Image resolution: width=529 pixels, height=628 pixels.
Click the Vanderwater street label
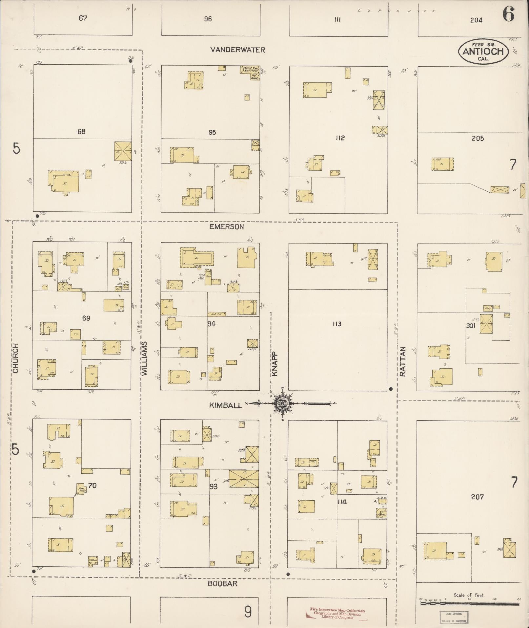238,50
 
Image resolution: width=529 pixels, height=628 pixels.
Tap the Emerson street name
227,227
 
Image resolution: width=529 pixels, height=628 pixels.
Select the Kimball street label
226,405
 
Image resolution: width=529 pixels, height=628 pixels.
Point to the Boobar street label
222,583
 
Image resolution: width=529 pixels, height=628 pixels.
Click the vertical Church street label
16,358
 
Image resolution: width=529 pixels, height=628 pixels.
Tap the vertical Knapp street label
275,364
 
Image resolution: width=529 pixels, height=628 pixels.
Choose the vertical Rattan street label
403,361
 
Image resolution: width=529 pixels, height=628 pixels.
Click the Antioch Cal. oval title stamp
483,51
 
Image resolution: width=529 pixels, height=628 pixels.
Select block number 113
337,324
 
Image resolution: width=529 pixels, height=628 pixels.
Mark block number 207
477,497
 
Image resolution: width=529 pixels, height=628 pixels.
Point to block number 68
81,132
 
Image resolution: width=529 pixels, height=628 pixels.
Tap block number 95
212,132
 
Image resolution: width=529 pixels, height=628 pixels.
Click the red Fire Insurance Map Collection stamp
337,614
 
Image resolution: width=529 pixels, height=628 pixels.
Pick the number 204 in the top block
476,20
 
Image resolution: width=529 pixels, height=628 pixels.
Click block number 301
471,326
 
